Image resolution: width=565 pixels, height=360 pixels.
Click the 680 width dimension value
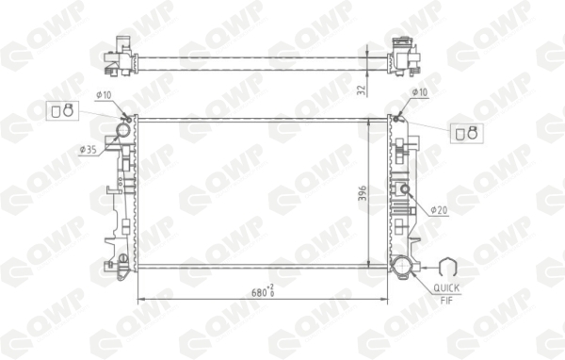259,292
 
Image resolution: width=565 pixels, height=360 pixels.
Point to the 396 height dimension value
363,193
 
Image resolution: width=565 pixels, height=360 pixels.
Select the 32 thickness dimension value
363,90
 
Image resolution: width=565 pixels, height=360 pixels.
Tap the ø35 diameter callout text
89,150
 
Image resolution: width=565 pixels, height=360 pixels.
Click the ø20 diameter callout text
440,209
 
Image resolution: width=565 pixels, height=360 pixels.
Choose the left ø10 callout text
104,95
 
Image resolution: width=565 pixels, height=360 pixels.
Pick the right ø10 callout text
419,92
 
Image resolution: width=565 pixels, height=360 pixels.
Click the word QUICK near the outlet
446,287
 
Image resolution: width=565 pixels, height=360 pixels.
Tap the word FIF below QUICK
446,300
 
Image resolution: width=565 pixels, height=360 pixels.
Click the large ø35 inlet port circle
122,130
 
